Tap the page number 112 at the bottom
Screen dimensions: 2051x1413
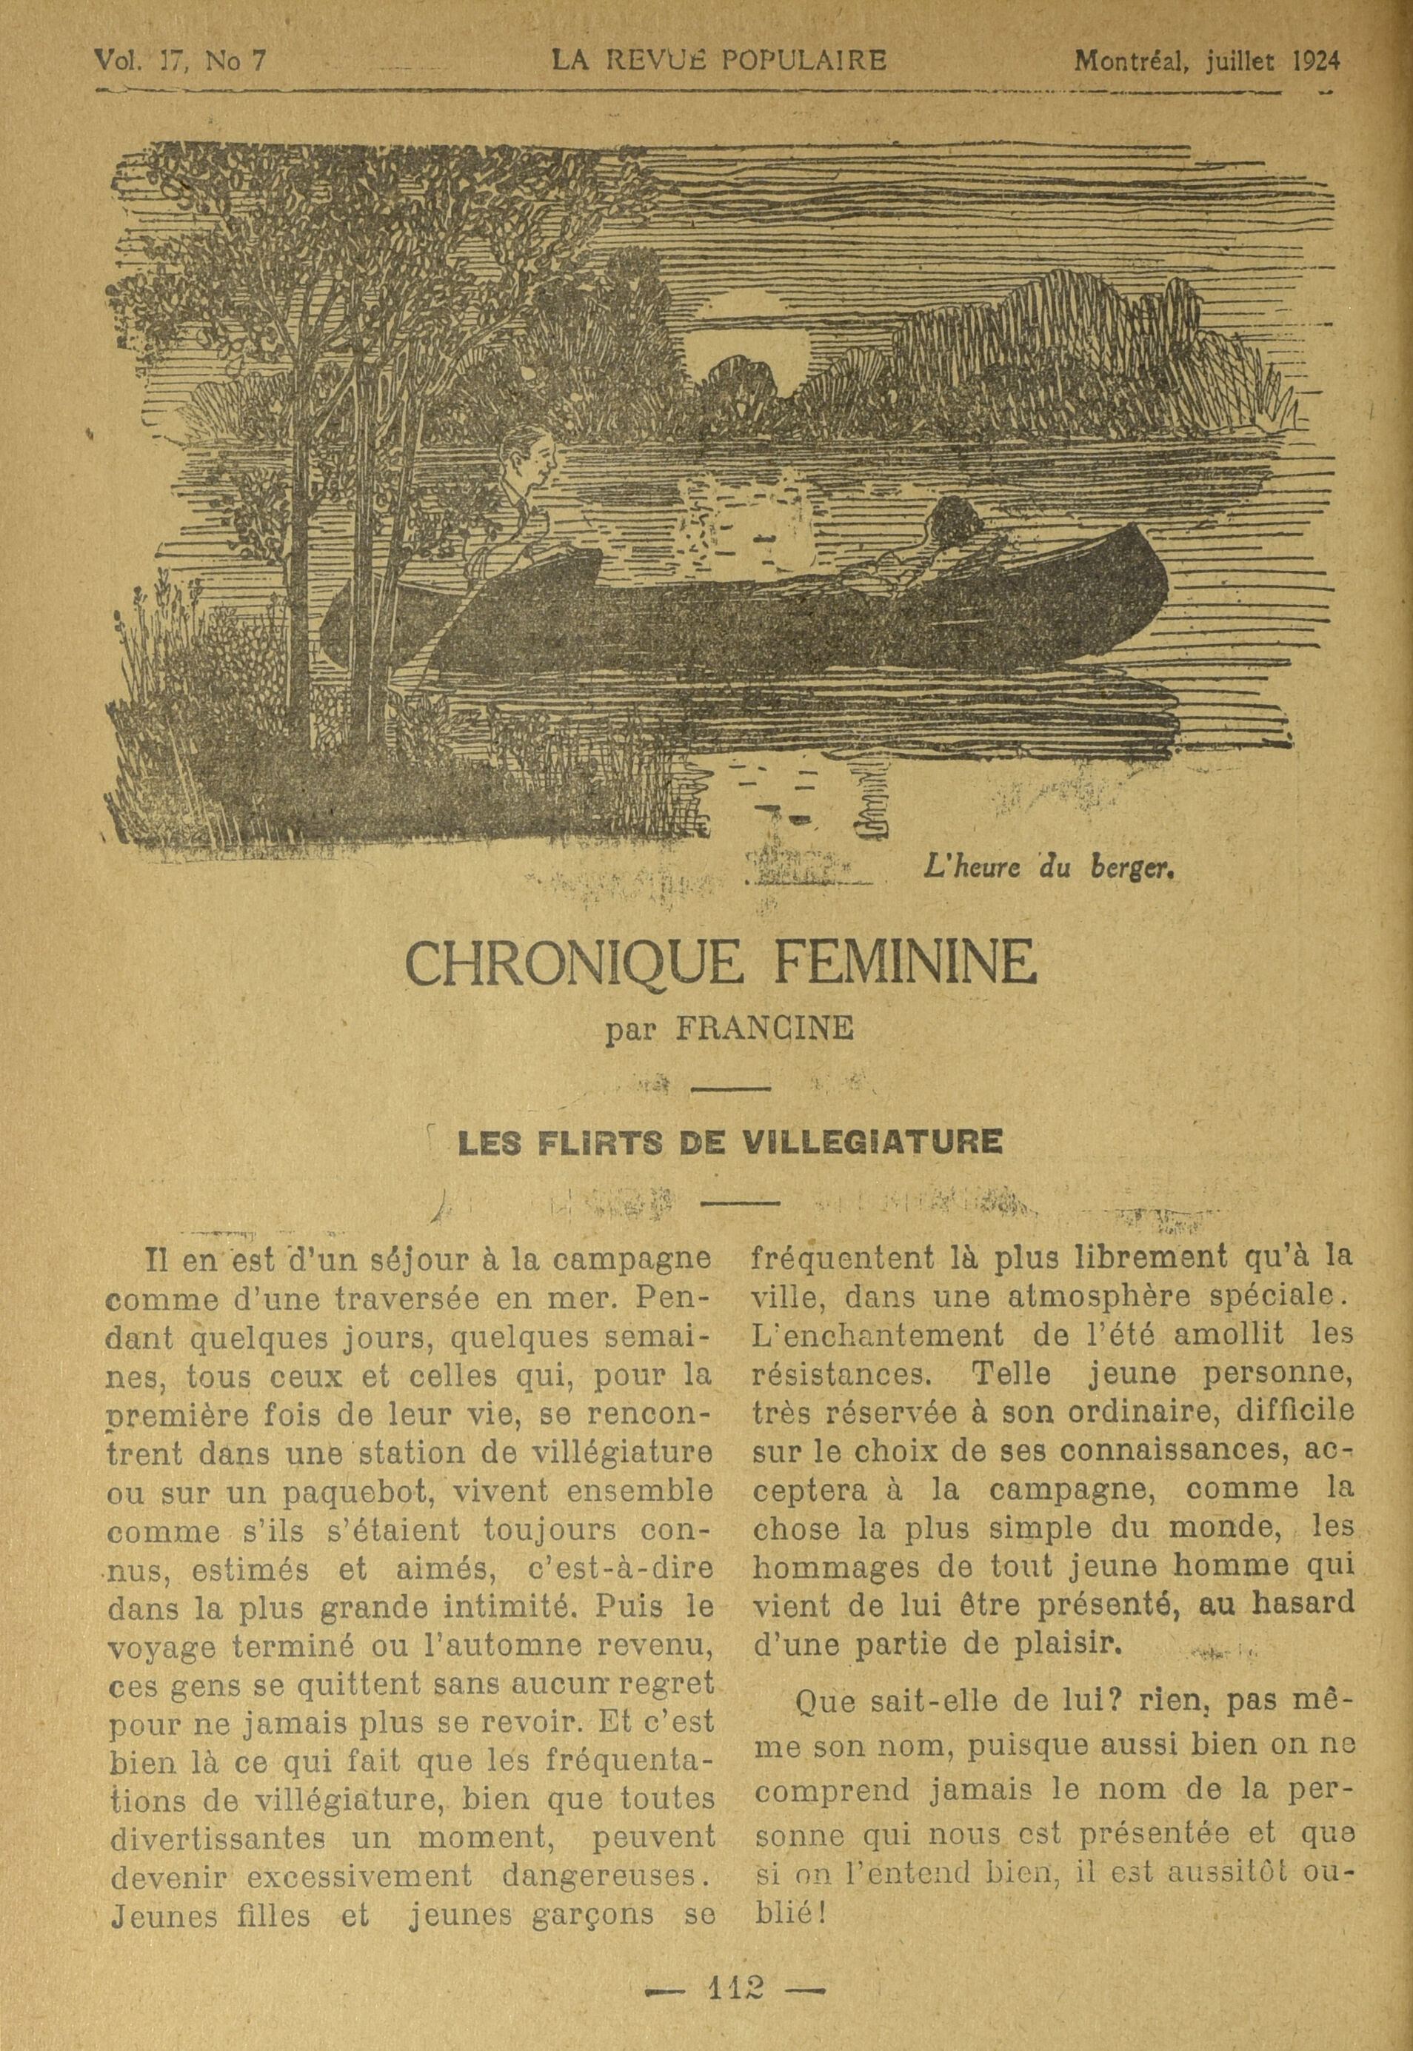coord(735,1984)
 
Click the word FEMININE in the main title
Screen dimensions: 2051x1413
coord(904,966)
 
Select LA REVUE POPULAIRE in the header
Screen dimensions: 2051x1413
coord(718,60)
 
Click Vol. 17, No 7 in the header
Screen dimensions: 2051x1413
coord(180,60)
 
